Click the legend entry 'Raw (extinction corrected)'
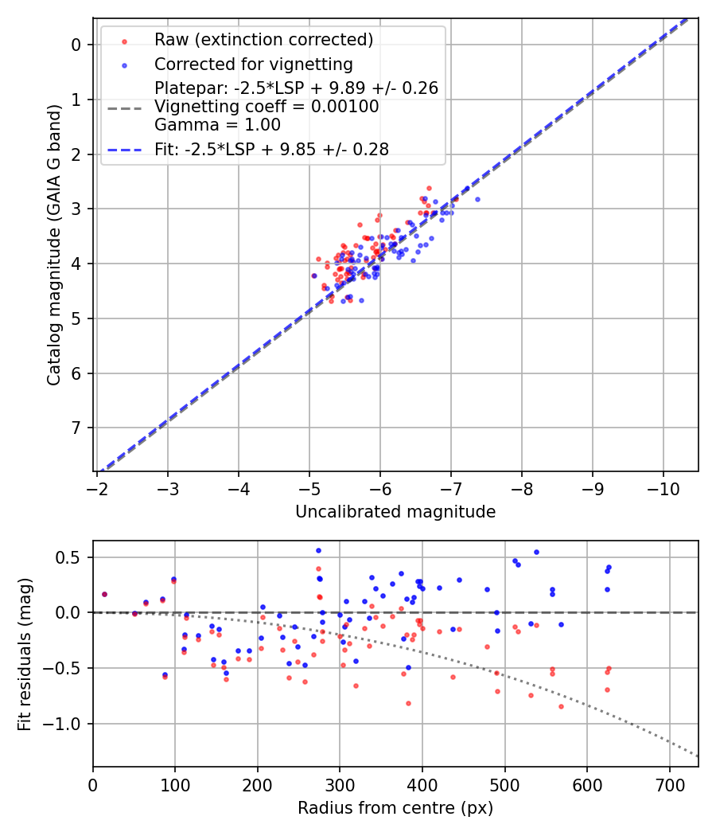pos(263,40)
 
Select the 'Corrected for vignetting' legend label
pos(254,64)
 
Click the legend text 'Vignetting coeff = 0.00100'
pos(267,107)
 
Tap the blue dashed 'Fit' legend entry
pos(271,149)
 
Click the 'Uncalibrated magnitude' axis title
pos(395,512)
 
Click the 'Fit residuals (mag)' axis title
pos(25,654)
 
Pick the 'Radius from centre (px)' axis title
pos(395,808)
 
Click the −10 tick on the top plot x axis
pos(663,487)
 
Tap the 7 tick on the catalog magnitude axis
pos(77,428)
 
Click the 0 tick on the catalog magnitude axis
pos(77,45)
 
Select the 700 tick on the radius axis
pos(669,783)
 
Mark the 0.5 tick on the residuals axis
pos(72,557)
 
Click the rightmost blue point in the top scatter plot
pos(477,199)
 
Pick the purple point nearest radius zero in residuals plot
pos(104,594)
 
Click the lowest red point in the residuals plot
pos(561,706)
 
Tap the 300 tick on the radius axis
pos(340,783)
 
